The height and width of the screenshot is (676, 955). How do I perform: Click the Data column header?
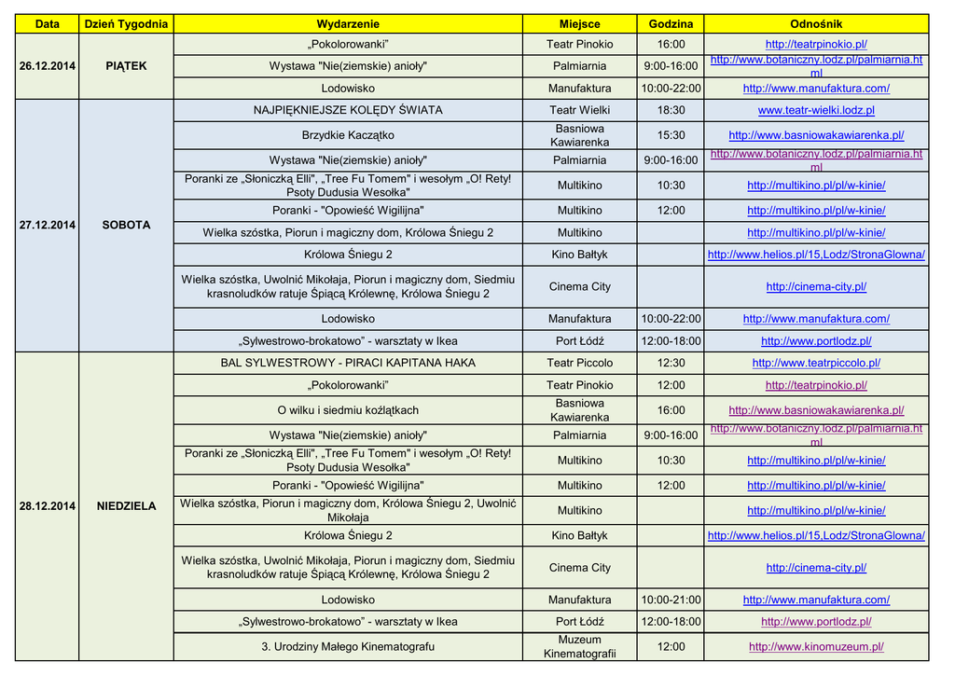47,23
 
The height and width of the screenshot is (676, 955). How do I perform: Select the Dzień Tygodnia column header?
126,23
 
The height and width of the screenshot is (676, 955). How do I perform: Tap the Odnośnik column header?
816,23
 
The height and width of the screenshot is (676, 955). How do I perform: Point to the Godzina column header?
671,23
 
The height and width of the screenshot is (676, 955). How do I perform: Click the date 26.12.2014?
48,66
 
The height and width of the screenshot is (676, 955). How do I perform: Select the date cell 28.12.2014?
48,506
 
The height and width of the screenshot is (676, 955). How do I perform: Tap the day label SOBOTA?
126,226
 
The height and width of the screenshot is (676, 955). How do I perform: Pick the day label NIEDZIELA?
126,506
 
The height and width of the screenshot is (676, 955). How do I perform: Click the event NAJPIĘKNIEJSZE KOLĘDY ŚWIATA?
348,110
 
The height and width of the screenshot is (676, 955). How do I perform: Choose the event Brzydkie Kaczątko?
348,135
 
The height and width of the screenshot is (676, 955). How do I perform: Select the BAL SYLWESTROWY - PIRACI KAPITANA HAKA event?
348,363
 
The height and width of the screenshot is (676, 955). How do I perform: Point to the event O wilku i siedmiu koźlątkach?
348,410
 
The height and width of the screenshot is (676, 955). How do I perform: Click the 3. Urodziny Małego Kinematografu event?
348,646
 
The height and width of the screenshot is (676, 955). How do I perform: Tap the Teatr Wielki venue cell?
580,110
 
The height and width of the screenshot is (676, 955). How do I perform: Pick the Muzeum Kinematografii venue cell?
580,646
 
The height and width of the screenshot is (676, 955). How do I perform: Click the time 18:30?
671,110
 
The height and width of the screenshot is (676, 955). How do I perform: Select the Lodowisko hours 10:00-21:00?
671,600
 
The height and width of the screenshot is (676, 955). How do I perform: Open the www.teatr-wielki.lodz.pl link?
816,110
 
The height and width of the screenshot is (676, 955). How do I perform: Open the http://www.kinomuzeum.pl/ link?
816,646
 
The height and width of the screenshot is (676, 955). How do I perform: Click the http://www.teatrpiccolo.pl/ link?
816,363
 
